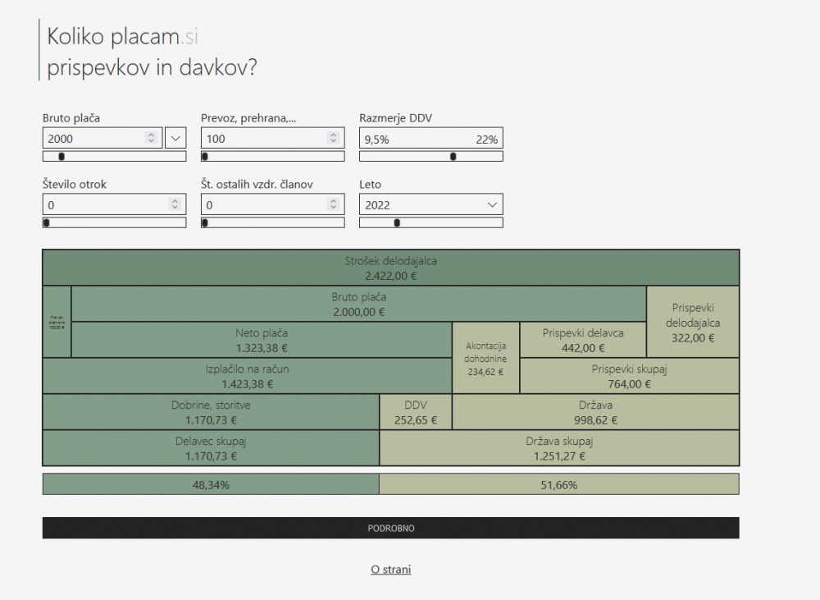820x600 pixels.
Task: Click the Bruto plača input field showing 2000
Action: click(94, 139)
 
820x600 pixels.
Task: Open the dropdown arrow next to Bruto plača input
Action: click(175, 138)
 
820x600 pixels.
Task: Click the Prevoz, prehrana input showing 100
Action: click(262, 139)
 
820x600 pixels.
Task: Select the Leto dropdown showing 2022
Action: click(430, 205)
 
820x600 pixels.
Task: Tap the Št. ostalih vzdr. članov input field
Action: click(262, 205)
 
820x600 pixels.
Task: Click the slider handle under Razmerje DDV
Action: click(453, 156)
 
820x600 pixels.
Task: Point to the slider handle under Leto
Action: click(398, 222)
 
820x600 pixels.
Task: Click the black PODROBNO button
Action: click(390, 528)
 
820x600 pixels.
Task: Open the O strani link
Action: click(390, 570)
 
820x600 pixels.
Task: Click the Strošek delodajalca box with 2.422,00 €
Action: click(390, 268)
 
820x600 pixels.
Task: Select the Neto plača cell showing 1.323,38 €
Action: click(262, 340)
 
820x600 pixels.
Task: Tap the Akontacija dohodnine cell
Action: click(485, 358)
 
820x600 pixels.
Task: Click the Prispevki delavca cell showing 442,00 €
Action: click(583, 340)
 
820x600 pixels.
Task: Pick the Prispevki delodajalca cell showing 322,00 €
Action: click(693, 322)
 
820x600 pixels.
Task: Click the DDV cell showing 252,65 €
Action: click(416, 412)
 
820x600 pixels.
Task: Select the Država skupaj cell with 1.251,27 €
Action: click(558, 448)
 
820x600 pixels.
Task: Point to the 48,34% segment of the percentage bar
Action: click(211, 484)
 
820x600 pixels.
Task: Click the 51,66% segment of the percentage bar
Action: click(558, 484)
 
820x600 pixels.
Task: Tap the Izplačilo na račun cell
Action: click(247, 376)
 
